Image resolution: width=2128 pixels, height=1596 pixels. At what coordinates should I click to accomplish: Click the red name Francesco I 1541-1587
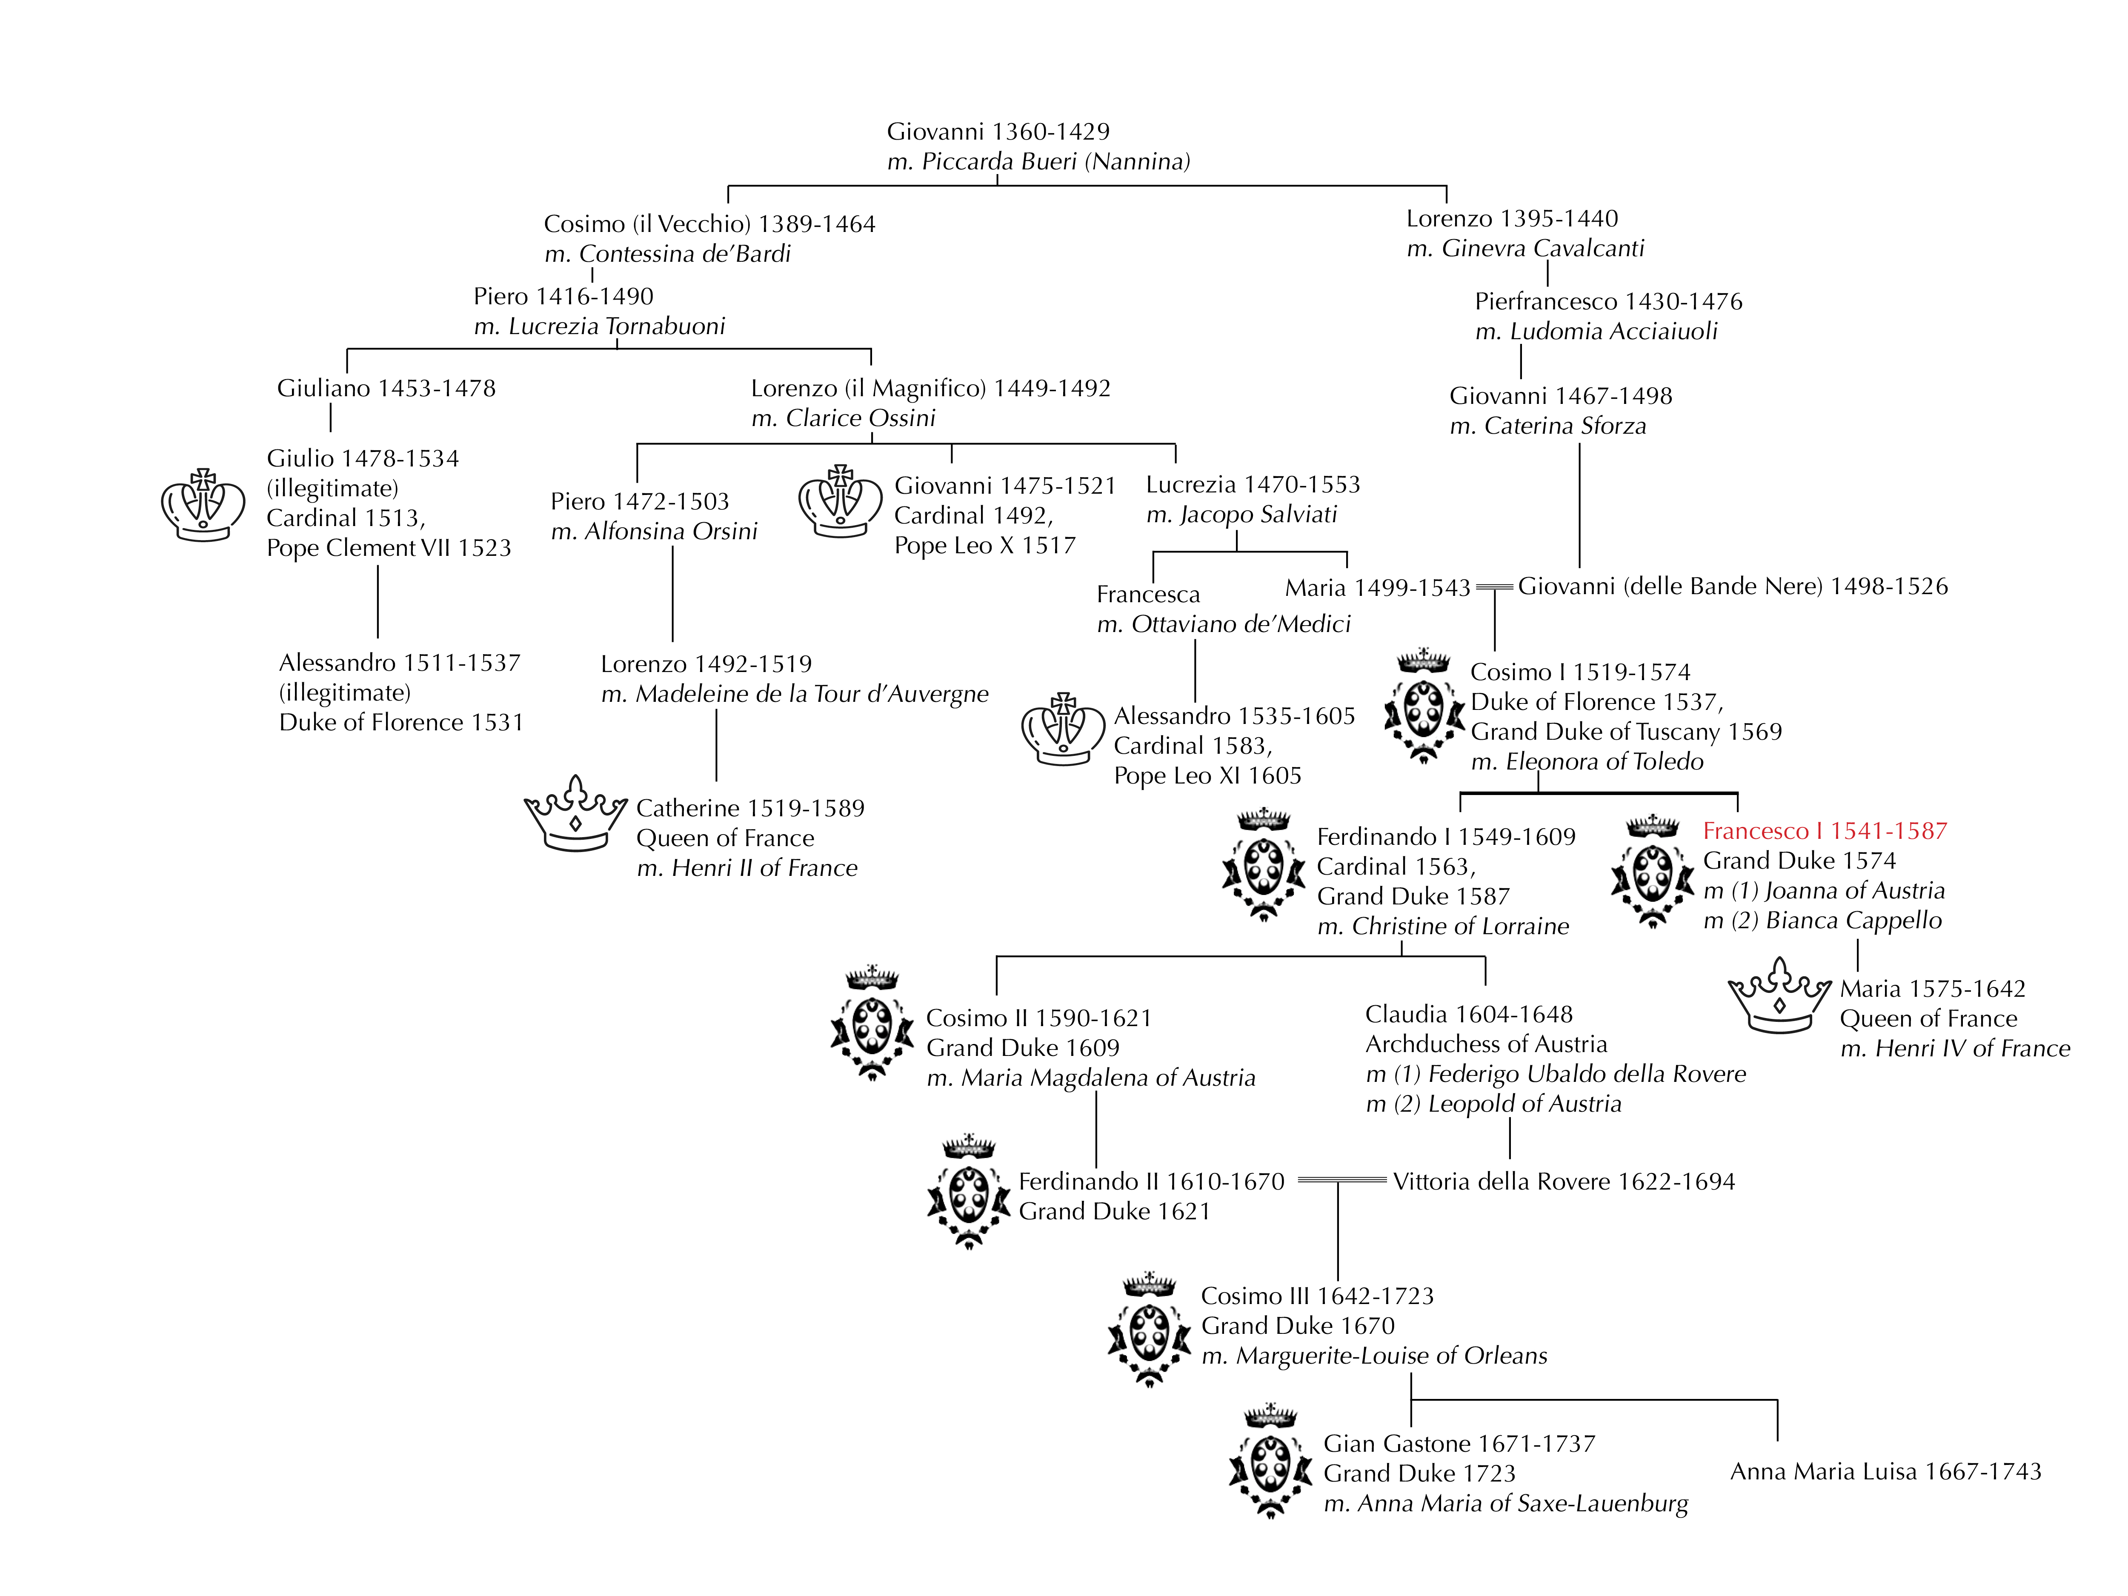(x=1824, y=831)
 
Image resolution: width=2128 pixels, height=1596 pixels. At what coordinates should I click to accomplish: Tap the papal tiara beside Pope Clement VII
(x=203, y=505)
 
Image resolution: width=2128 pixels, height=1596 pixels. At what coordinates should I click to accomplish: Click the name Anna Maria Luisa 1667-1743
(x=1885, y=1471)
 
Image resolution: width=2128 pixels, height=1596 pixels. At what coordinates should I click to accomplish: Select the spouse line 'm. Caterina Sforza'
(x=1547, y=426)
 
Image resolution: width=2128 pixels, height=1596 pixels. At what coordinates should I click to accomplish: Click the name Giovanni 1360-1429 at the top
(x=998, y=132)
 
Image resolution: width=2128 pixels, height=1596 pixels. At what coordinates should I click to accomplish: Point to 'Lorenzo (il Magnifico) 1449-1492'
(x=930, y=389)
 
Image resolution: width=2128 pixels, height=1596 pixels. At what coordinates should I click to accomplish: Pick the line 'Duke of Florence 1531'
(x=401, y=723)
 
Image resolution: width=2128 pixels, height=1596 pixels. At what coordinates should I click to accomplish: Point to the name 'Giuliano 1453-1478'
(x=386, y=389)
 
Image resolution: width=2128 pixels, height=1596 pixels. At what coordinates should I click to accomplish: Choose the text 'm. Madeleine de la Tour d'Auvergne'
(x=794, y=695)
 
